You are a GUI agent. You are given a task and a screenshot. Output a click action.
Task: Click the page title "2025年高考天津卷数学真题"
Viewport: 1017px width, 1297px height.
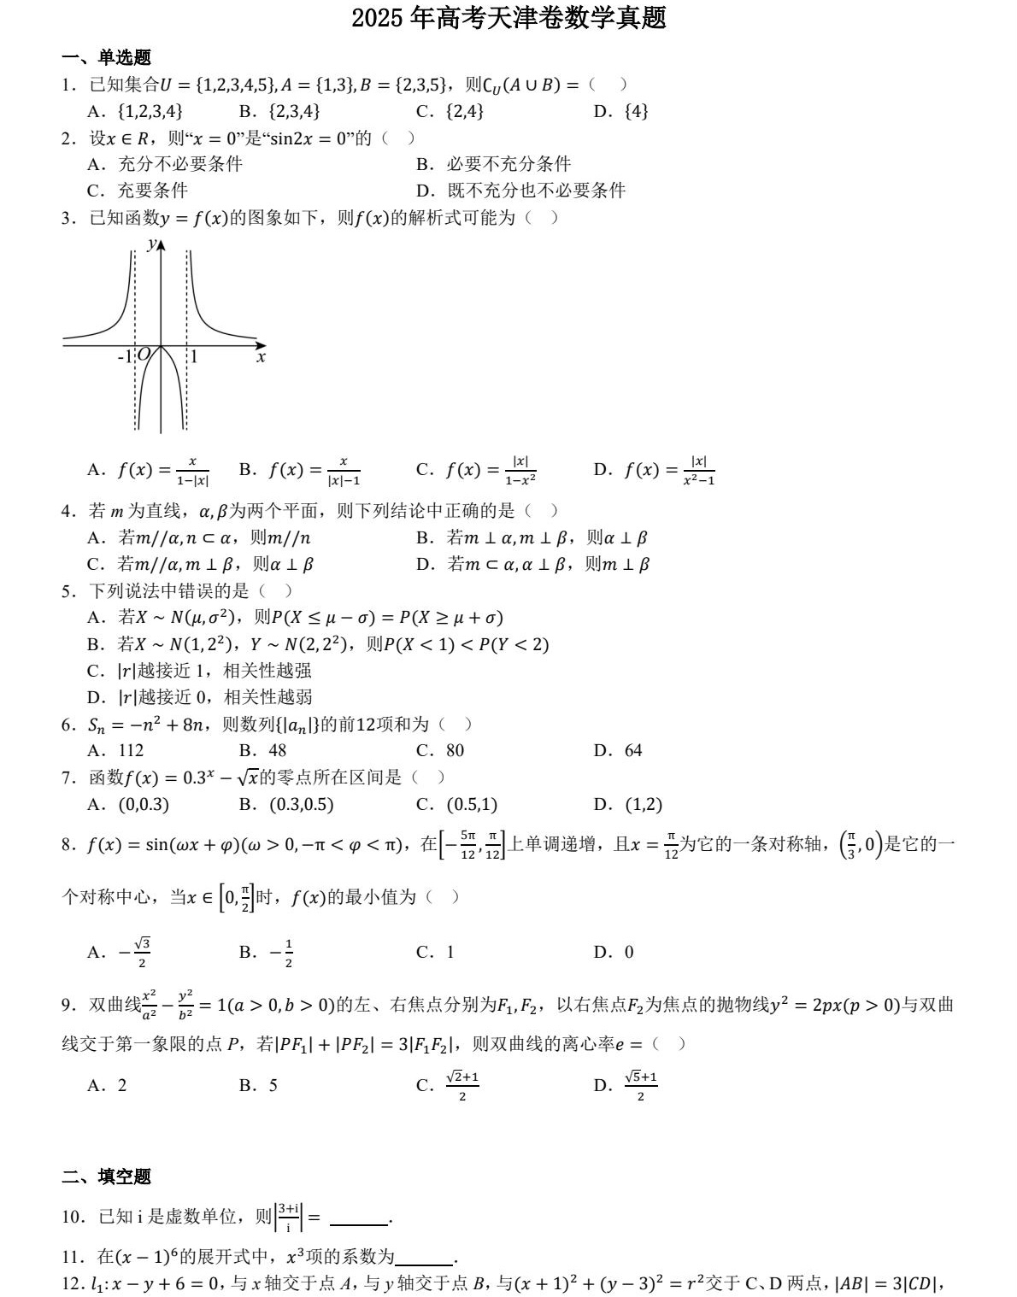pyautogui.click(x=508, y=18)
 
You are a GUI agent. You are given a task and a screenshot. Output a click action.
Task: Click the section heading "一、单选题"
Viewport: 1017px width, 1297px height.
pyautogui.click(x=106, y=57)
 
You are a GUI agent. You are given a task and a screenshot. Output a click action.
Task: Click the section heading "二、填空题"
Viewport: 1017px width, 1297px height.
pyautogui.click(x=106, y=1177)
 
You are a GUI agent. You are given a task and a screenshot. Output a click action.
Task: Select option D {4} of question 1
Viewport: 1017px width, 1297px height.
pyautogui.click(x=621, y=111)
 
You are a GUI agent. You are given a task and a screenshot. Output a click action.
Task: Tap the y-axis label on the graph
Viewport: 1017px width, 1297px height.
pyautogui.click(x=151, y=244)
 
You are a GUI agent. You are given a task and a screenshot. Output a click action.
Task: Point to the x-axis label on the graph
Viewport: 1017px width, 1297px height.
pyautogui.click(x=261, y=358)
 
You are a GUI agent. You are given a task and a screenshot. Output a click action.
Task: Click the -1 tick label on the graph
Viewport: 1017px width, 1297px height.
pyautogui.click(x=125, y=356)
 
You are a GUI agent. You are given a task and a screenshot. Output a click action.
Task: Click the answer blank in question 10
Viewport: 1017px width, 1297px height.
pyautogui.click(x=359, y=1218)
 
